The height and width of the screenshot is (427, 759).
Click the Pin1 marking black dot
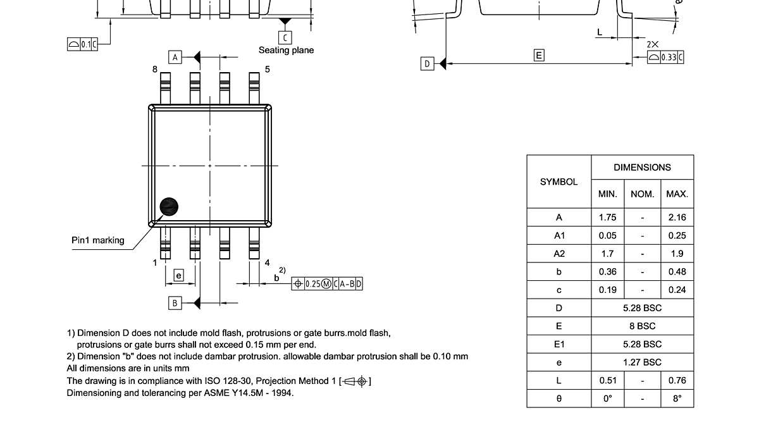(169, 206)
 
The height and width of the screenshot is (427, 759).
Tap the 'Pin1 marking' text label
(97, 240)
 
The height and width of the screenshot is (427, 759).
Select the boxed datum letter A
(175, 57)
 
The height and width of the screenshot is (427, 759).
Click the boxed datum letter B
(175, 303)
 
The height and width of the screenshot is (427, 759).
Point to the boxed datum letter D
(428, 63)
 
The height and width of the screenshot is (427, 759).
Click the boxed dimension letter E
(539, 56)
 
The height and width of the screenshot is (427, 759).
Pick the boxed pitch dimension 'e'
(179, 275)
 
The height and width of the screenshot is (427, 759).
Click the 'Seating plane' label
(286, 50)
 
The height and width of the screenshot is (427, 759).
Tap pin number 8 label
(154, 69)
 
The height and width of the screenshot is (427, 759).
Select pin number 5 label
(268, 69)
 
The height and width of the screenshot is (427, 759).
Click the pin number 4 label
(268, 262)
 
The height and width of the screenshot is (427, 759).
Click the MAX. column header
(677, 194)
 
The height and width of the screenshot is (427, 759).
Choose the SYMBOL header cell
(558, 182)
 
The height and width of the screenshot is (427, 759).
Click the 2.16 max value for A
(677, 217)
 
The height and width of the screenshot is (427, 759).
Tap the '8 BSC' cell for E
(642, 326)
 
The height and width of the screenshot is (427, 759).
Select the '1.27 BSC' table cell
(642, 362)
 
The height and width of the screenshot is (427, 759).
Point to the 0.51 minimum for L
(607, 380)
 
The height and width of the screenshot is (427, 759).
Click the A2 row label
(558, 254)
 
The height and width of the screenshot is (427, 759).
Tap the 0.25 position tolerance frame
(327, 284)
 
